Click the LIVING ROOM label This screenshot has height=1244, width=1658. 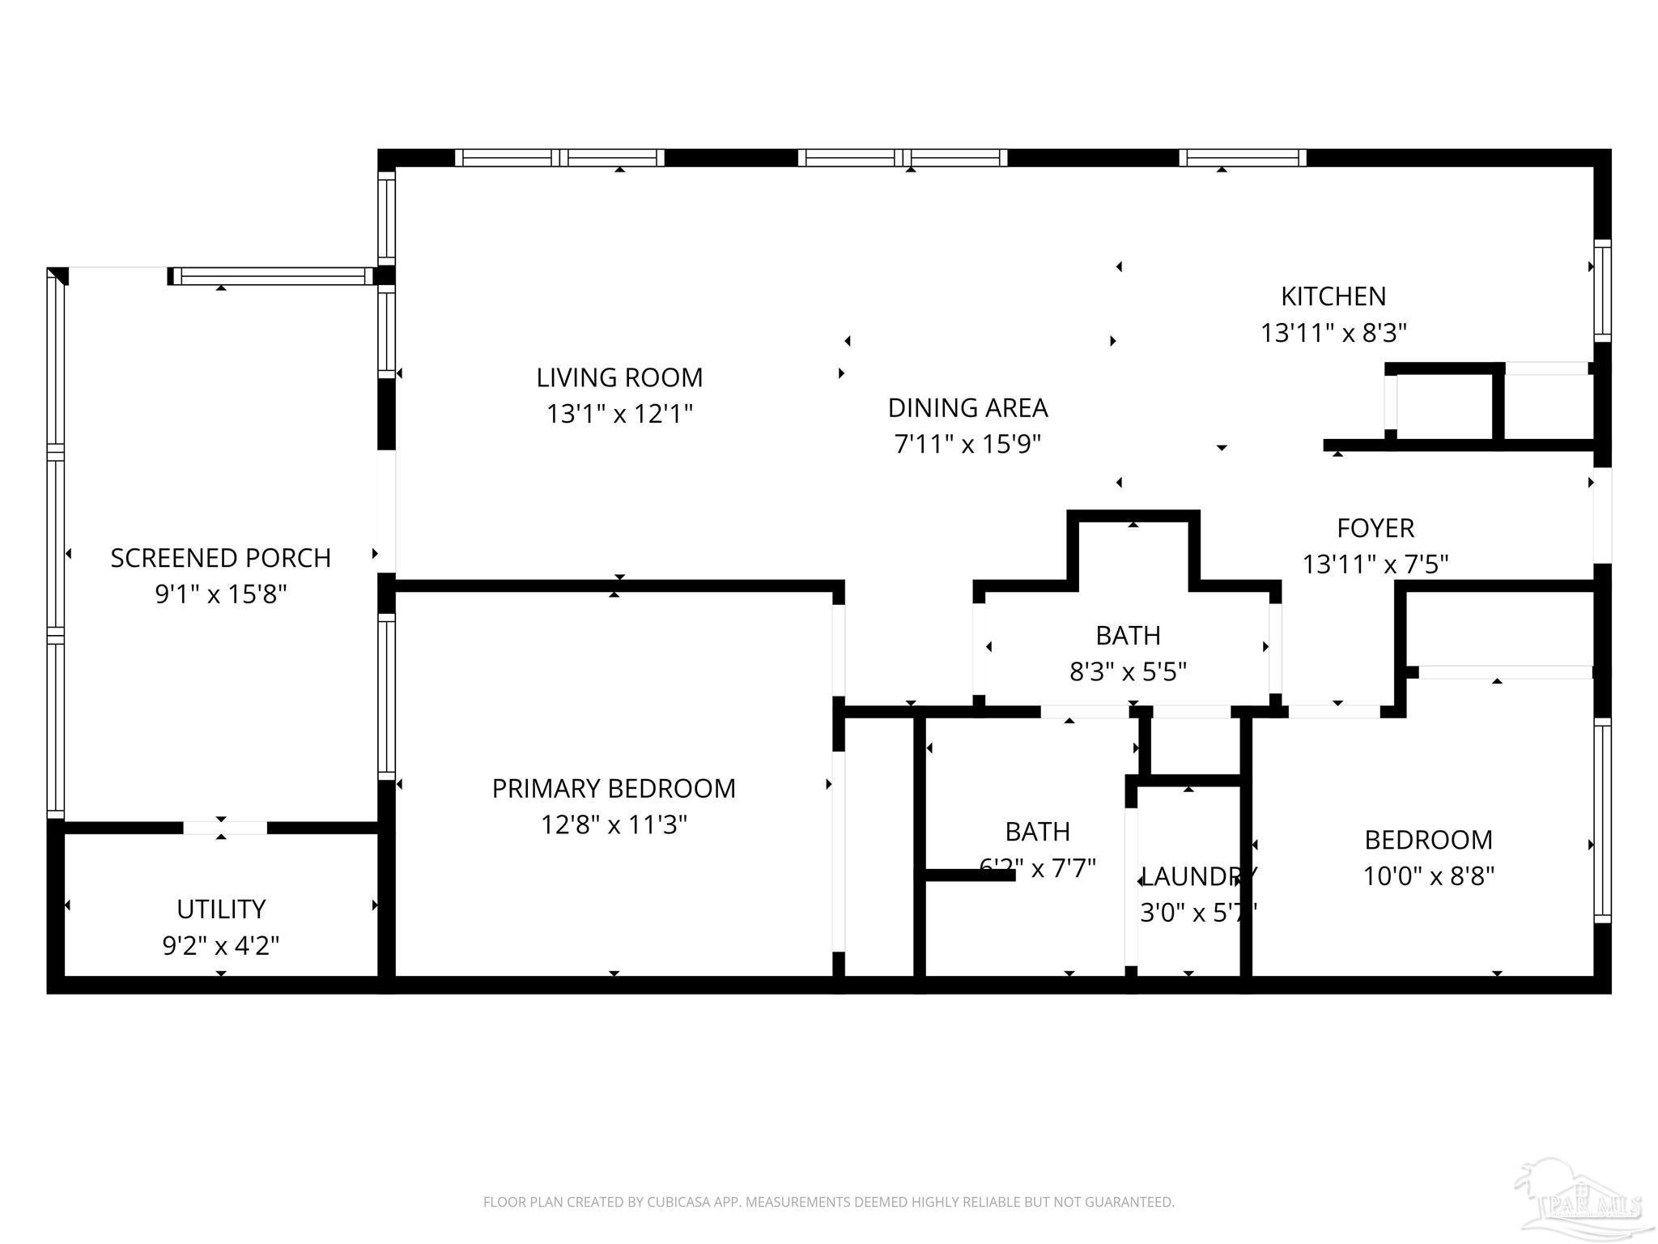619,377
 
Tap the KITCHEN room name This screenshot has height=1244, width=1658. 1333,296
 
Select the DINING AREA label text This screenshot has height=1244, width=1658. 967,408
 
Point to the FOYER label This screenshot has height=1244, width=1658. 1375,528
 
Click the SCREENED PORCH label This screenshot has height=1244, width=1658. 220,558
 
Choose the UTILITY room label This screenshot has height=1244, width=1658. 221,910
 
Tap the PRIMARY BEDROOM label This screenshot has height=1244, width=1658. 614,789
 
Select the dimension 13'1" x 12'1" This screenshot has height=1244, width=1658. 619,415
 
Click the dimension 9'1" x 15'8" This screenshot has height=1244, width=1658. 220,594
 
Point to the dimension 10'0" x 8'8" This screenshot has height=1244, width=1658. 1429,876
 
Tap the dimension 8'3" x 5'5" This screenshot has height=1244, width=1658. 1128,672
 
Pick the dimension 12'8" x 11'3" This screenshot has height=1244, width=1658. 614,825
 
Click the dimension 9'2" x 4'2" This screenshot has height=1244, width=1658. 221,946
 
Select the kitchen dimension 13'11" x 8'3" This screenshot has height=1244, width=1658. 1333,333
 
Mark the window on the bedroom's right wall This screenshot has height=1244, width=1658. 1601,821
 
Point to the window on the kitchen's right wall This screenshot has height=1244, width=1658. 1601,292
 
